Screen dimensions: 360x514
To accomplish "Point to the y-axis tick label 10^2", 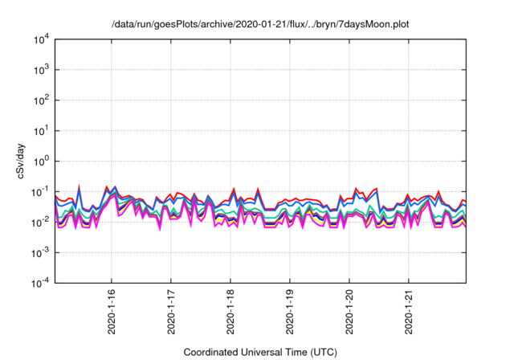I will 40,100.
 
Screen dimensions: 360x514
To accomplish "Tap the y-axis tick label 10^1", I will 40,130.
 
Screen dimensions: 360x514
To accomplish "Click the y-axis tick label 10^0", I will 40,161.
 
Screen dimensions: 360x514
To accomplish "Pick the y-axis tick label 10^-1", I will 39,191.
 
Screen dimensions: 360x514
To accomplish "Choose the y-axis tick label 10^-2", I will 39,222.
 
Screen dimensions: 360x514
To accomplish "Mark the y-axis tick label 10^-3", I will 39,252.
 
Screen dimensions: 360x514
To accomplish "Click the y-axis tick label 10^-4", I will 39,282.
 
